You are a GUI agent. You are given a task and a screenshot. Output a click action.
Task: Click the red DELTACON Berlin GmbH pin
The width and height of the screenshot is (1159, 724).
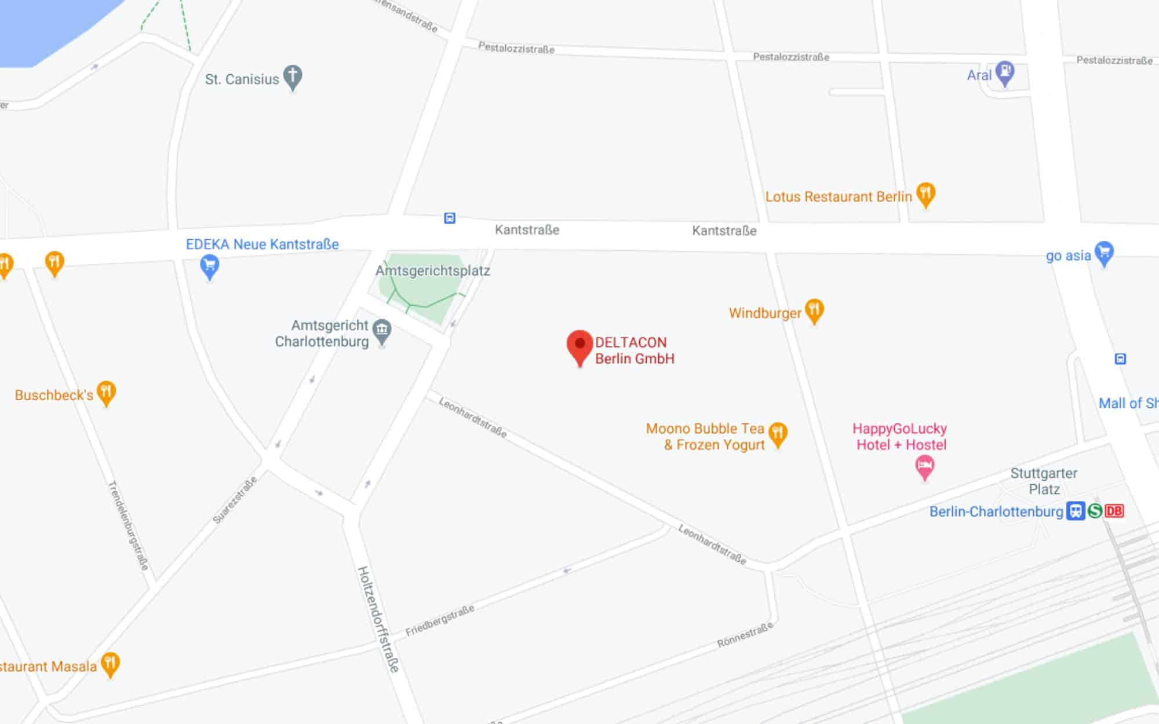click(579, 346)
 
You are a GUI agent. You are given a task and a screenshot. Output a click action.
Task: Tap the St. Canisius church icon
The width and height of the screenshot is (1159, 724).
click(293, 76)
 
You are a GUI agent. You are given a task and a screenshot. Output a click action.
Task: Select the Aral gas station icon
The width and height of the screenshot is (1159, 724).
click(1005, 73)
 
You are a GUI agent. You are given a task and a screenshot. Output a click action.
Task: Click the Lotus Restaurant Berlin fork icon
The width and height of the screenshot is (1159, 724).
click(925, 193)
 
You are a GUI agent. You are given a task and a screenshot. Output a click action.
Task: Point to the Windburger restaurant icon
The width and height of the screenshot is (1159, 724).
click(814, 310)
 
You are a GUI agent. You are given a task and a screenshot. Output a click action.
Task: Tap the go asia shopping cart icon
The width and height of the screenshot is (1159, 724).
click(1104, 253)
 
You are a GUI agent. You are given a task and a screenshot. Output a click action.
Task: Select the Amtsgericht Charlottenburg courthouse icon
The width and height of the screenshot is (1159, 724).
click(382, 331)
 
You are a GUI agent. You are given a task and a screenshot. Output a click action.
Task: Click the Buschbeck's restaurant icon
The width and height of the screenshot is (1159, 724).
click(106, 392)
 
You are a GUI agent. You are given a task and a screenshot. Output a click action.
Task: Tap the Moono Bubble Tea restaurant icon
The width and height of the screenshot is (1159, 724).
click(778, 433)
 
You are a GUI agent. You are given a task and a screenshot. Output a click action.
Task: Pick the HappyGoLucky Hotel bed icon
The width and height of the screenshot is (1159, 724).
click(925, 466)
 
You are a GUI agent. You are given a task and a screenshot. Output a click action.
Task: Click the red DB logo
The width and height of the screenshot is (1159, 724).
click(1114, 511)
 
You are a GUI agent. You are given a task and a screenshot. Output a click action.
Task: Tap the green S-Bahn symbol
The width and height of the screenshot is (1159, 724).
click(1095, 511)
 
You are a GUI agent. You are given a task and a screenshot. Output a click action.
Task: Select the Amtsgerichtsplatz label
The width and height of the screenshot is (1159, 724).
click(432, 270)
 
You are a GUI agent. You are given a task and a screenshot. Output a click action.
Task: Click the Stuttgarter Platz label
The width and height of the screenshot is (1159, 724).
click(1044, 481)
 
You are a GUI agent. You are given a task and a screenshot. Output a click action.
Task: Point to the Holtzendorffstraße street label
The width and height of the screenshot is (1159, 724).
click(378, 619)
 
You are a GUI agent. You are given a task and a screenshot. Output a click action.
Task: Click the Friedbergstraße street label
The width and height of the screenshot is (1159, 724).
click(440, 620)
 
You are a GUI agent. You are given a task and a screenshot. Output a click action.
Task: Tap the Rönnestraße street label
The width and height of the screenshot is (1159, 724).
click(745, 635)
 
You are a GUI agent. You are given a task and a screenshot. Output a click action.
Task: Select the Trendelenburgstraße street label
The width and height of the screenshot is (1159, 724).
click(129, 525)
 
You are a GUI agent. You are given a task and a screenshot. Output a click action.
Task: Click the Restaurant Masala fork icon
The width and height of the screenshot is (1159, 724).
click(110, 664)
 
